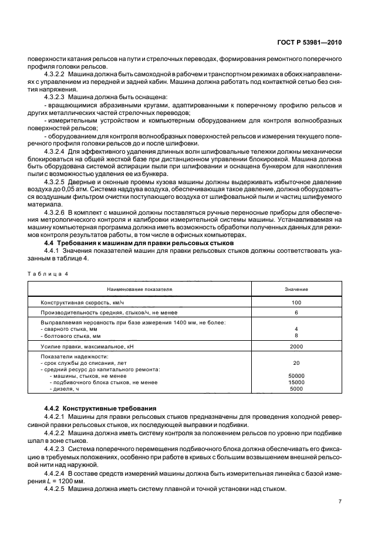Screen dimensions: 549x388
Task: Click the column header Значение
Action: (296, 289)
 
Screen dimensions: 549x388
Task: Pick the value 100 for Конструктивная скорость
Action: (296, 303)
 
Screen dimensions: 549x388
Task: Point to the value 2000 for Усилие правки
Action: (296, 347)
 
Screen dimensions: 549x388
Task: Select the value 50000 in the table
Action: (296, 375)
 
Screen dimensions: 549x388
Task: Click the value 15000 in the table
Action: (296, 382)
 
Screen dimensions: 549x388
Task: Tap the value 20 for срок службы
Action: (296, 362)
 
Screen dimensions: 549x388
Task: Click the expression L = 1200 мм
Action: (70, 480)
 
